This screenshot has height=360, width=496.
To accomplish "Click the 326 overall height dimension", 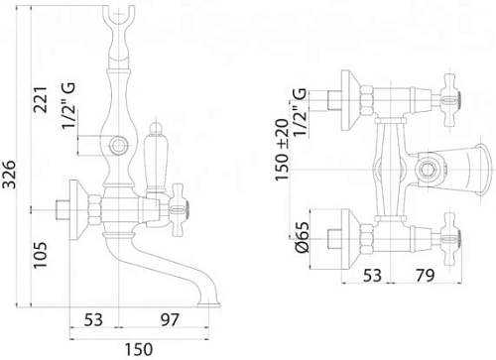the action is (9, 175).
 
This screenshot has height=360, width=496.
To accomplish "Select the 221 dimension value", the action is (42, 100).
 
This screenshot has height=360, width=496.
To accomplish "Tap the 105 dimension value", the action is (41, 255).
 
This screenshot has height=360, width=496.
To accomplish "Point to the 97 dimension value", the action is (170, 320).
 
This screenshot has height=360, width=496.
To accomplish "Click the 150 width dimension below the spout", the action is (139, 349).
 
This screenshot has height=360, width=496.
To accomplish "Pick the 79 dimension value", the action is (425, 275).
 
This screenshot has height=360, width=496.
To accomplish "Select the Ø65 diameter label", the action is (303, 237).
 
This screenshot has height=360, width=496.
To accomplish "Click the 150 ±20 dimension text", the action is (282, 150).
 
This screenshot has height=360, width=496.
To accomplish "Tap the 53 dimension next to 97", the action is (93, 320).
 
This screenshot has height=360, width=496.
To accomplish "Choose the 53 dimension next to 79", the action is (372, 275).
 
